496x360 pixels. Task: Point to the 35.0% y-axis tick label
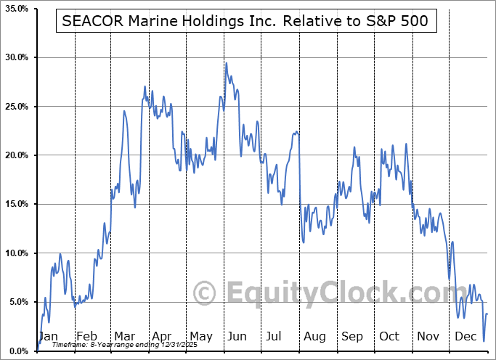pos(16,9)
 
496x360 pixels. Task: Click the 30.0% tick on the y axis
pos(16,57)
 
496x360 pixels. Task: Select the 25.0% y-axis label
pos(16,107)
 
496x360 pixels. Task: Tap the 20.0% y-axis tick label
pos(16,155)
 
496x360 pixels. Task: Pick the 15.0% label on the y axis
pos(16,204)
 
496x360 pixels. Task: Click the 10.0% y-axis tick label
pos(16,253)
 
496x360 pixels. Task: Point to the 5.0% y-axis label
pos(17,302)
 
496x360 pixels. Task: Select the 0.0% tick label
pos(17,351)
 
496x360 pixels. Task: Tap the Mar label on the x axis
pos(124,337)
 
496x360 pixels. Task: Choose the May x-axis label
pos(201,337)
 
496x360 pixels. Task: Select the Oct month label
pos(389,337)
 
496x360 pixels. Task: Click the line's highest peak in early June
pos(227,63)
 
